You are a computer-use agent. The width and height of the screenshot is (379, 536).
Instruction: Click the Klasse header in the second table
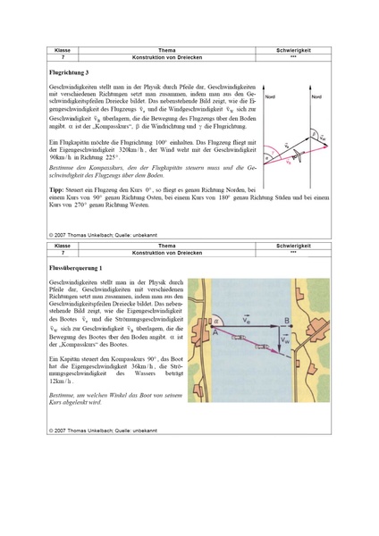(x=63, y=245)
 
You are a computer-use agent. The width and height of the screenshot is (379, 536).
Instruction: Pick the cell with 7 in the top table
(x=63, y=56)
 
